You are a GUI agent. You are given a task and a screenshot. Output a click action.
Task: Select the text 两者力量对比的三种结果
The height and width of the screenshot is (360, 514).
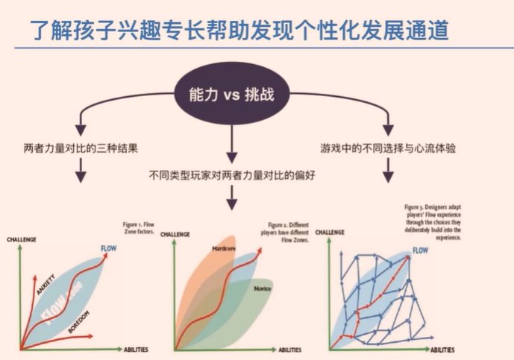[81, 148]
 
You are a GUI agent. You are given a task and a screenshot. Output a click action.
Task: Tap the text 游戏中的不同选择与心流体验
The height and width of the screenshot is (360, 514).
[388, 148]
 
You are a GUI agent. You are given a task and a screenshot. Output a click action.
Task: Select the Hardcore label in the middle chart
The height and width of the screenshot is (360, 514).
[224, 247]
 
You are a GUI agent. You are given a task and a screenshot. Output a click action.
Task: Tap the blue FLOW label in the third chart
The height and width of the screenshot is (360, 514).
[420, 250]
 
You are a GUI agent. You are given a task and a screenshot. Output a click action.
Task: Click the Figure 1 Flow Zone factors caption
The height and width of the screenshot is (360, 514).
[139, 227]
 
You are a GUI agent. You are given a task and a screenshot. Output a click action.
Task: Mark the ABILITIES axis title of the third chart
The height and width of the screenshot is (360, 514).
[447, 349]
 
